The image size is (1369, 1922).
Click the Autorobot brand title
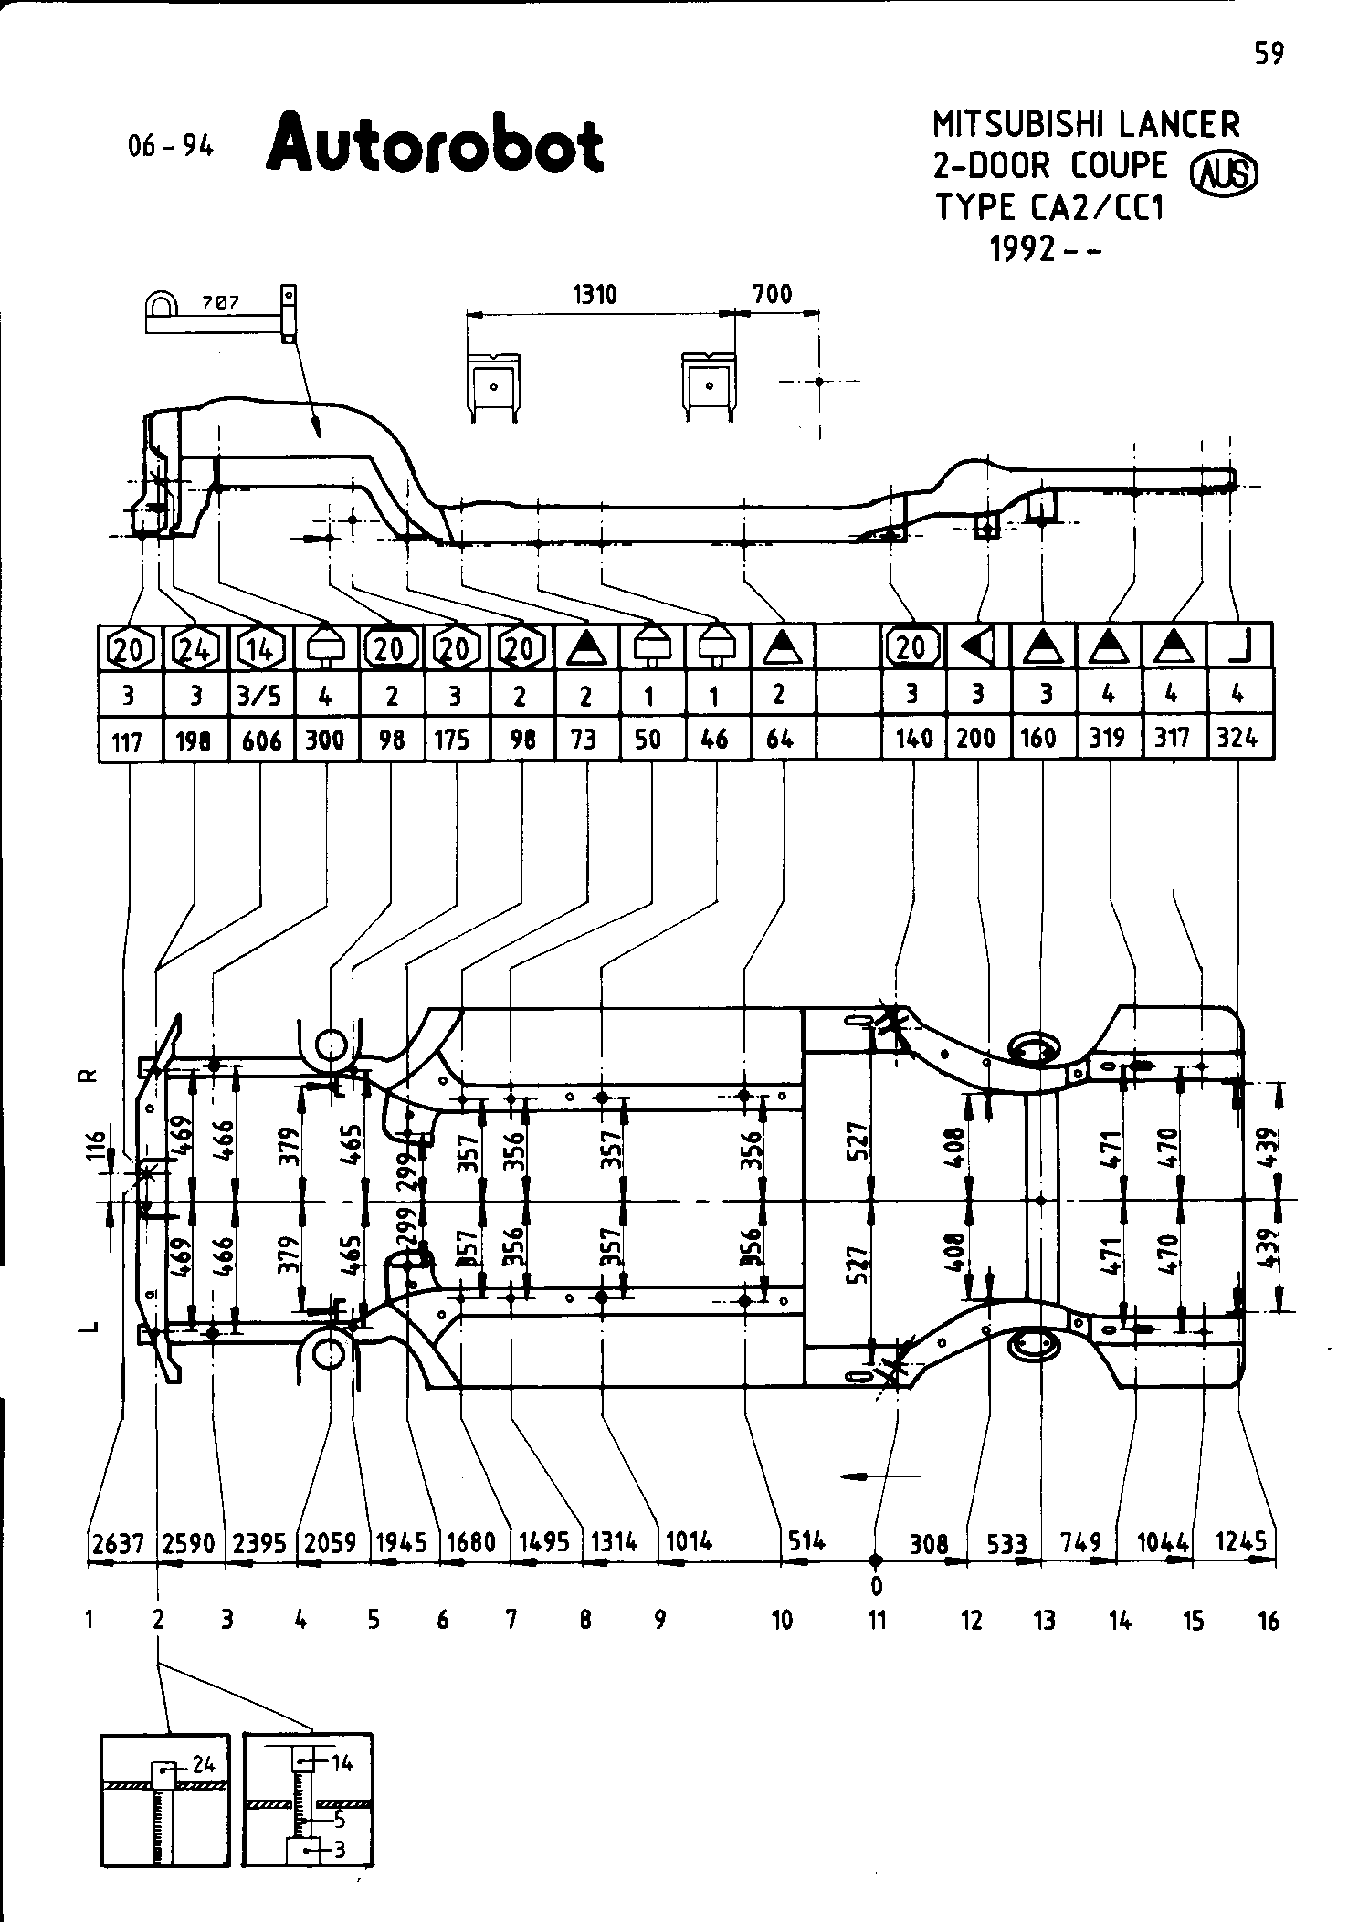coord(436,143)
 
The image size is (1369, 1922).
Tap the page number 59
coord(1269,55)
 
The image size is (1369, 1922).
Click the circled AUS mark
coord(1225,173)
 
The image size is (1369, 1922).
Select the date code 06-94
coord(170,146)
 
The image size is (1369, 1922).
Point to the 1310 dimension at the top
coord(595,295)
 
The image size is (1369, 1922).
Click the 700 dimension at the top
coord(773,295)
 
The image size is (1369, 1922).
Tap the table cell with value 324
coord(1237,738)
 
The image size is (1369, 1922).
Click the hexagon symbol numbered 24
coord(194,649)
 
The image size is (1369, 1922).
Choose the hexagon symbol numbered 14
coord(260,649)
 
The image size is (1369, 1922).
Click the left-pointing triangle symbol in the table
coord(978,647)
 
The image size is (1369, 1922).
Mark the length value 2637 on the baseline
coord(119,1543)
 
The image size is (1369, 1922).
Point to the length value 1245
coord(1242,1541)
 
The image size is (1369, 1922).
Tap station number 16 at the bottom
coord(1269,1621)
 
